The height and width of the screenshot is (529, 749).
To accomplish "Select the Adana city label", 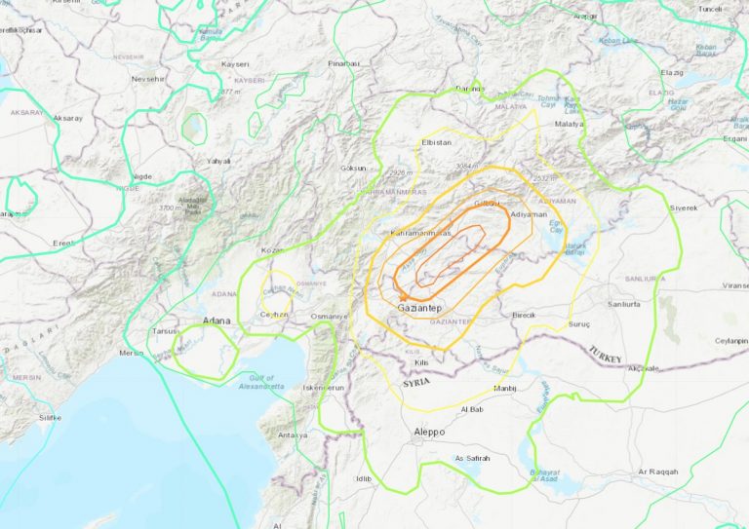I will tap(216, 321).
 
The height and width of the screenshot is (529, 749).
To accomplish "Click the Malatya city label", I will tap(569, 124).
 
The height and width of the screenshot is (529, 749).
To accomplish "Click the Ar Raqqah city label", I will tap(656, 472).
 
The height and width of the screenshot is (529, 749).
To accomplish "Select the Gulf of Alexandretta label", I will tap(261, 382).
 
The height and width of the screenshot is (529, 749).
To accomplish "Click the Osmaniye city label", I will tap(330, 317).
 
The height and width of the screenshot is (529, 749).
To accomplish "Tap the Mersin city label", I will tap(131, 353).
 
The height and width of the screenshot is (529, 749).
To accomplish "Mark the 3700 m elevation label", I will tap(169, 208).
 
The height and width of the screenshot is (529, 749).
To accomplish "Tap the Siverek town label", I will tap(684, 208).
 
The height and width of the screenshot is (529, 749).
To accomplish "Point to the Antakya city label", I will tap(292, 435).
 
